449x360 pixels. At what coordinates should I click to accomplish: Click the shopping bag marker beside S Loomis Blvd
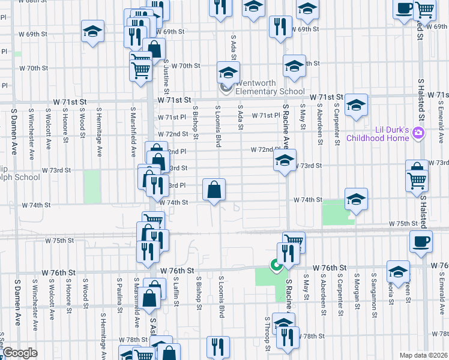click(214, 190)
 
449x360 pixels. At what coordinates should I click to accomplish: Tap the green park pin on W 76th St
click(276, 265)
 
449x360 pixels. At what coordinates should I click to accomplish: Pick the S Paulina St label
click(120, 292)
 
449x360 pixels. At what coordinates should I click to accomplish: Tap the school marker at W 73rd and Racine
click(285, 160)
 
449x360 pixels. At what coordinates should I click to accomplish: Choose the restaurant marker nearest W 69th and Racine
click(280, 26)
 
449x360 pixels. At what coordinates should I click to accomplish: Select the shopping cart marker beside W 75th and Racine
click(294, 241)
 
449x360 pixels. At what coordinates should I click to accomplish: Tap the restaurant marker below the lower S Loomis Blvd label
click(217, 346)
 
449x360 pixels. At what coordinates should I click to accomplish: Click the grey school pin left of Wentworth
click(226, 88)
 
